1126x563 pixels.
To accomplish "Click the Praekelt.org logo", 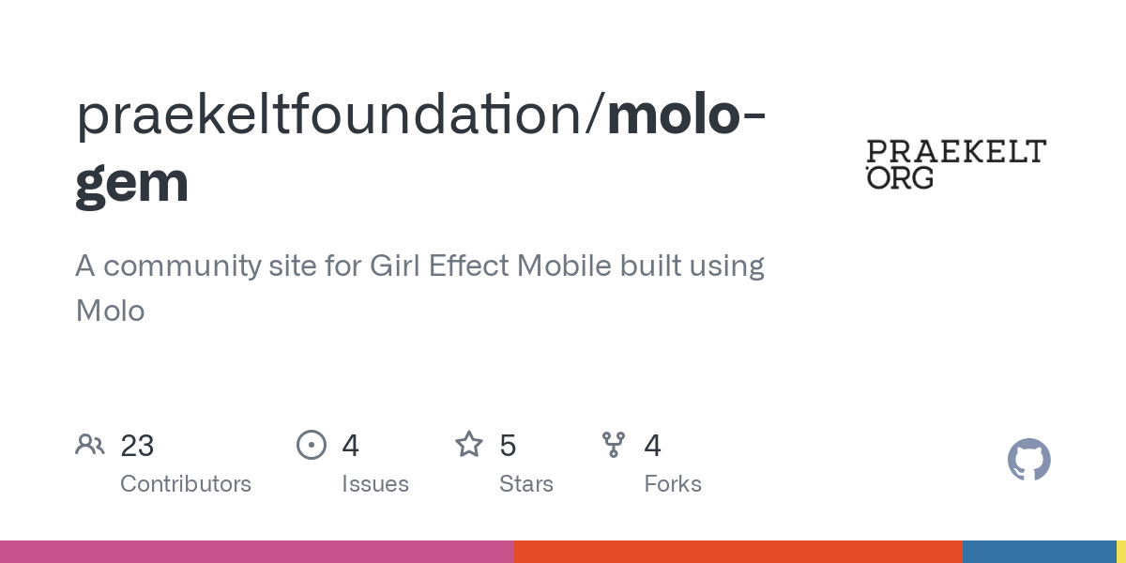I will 955,164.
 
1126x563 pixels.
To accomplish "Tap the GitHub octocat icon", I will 1028,460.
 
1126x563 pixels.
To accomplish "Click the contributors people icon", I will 90,445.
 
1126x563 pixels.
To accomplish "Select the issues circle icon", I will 312,445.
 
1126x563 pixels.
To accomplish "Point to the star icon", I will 469,445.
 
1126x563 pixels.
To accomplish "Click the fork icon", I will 614,445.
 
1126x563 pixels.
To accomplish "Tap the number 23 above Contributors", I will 137,446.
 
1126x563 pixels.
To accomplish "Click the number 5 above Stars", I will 508,446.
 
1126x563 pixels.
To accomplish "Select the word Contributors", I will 186,484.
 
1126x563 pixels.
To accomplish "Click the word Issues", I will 375,484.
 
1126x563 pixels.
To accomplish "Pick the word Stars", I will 526,484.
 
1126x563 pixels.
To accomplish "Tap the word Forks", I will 673,484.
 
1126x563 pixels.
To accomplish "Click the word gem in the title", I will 132,183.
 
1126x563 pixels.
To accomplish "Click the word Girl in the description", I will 394,266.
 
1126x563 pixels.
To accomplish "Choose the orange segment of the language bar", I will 738,552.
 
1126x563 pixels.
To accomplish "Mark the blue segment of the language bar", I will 1039,552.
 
